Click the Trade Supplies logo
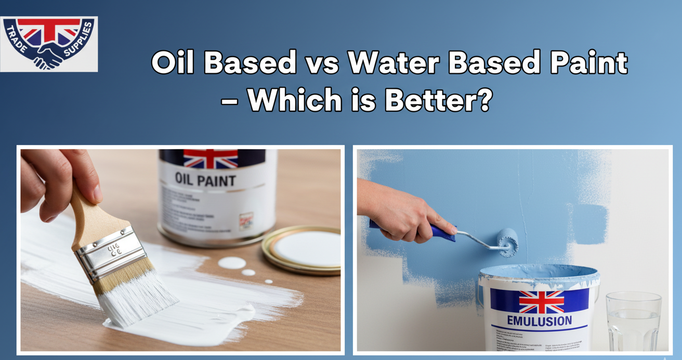(x=49, y=44)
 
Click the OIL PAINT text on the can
(x=205, y=180)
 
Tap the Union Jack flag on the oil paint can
(x=211, y=158)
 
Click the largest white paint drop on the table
(x=231, y=263)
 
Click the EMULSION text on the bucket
(x=539, y=321)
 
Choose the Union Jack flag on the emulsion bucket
(x=541, y=301)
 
